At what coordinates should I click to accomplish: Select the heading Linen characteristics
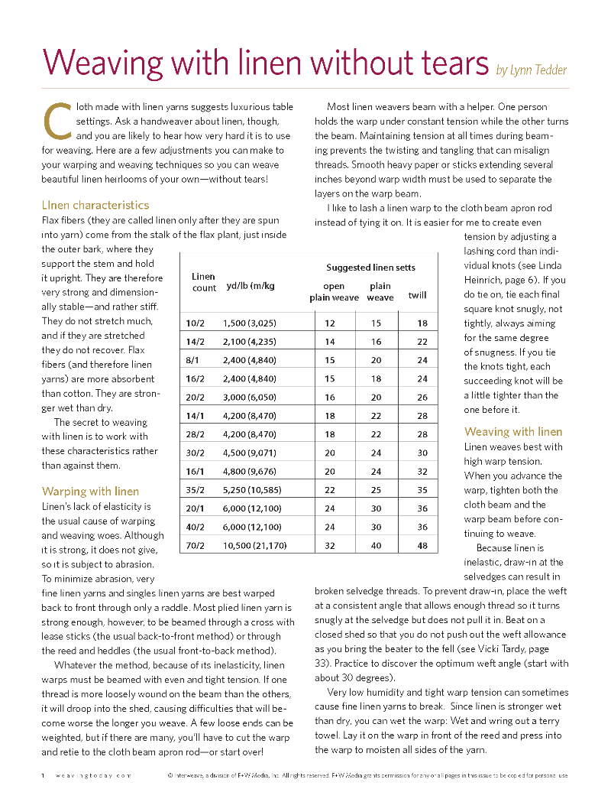[95, 205]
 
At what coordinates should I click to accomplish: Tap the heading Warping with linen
[90, 491]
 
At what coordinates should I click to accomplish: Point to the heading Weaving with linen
[513, 431]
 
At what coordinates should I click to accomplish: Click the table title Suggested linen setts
[371, 268]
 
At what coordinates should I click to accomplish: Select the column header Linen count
[204, 282]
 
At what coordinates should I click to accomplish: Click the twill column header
[417, 295]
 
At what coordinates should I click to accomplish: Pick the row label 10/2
[196, 323]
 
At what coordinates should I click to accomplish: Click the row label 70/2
[196, 545]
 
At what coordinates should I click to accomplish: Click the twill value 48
[422, 545]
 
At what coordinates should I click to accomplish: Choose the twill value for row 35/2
[422, 490]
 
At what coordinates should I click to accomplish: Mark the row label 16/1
[196, 472]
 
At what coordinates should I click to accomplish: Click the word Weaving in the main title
[101, 61]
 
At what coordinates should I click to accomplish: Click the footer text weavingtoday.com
[92, 775]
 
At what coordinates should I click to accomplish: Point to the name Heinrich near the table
[487, 281]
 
